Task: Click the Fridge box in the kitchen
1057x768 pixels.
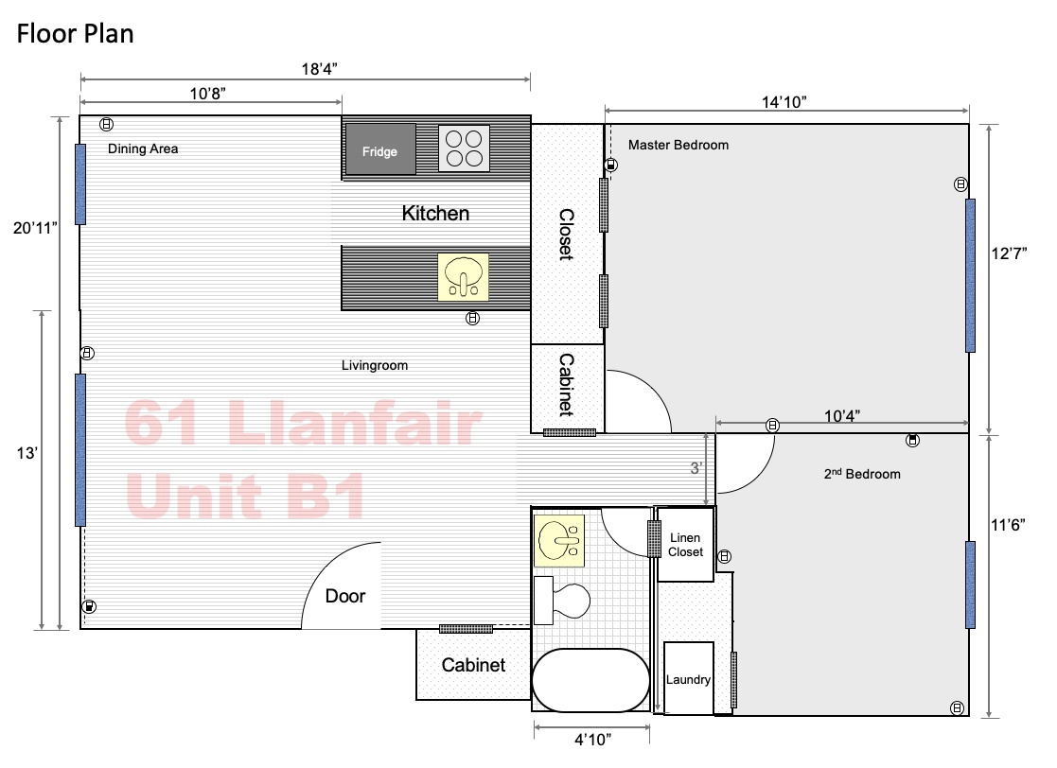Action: pos(380,149)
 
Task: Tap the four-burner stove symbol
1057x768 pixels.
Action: pos(464,148)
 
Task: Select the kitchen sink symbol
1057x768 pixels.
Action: pos(463,277)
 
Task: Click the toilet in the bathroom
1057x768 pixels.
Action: pos(561,601)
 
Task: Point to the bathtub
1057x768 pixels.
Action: pos(590,680)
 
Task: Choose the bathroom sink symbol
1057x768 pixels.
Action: pos(559,540)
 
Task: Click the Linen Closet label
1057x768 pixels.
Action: pos(685,545)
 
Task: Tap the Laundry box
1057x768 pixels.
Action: pos(688,678)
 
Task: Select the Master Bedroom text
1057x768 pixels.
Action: pos(678,145)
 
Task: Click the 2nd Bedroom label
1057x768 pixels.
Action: pos(862,474)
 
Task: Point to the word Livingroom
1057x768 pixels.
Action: pos(374,365)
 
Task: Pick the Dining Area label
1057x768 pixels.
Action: pos(143,148)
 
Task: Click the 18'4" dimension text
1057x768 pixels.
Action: pos(319,69)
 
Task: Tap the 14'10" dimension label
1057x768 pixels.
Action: pos(784,102)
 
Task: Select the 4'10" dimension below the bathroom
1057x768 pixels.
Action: pos(592,739)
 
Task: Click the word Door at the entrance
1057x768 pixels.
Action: pos(345,596)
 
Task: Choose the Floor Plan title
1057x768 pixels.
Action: pos(75,34)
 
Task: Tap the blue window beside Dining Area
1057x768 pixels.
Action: pos(80,183)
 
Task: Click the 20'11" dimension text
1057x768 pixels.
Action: pos(35,228)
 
